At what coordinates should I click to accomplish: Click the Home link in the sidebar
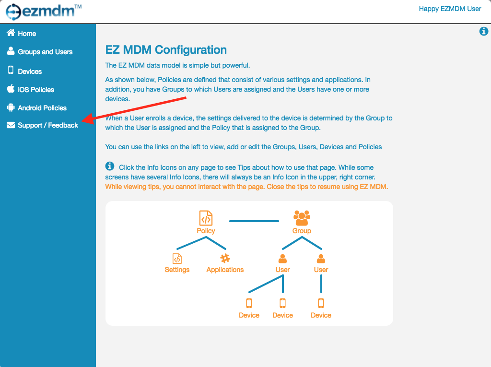[x=21, y=33]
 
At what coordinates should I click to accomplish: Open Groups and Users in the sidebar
[x=40, y=52]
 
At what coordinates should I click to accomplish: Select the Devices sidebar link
[x=24, y=71]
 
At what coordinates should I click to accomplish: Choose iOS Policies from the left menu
[x=30, y=89]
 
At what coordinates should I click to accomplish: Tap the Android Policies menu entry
[x=36, y=108]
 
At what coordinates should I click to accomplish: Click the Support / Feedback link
[x=42, y=125]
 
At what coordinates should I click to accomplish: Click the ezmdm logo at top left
[x=44, y=12]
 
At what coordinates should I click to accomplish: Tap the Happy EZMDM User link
[x=450, y=9]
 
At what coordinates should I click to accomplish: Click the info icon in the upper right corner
[x=483, y=31]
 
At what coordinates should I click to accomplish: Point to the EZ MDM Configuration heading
[x=166, y=50]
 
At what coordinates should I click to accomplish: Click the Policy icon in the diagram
[x=206, y=218]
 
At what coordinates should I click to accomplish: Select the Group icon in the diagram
[x=302, y=218]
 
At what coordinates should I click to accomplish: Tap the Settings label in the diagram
[x=177, y=270]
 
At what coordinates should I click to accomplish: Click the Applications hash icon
[x=225, y=258]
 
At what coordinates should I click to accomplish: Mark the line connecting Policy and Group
[x=254, y=221]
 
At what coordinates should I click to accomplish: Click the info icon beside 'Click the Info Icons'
[x=110, y=166]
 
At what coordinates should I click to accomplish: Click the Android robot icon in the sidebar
[x=11, y=107]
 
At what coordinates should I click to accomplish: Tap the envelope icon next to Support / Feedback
[x=11, y=125]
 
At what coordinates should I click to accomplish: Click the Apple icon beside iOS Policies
[x=11, y=89]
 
